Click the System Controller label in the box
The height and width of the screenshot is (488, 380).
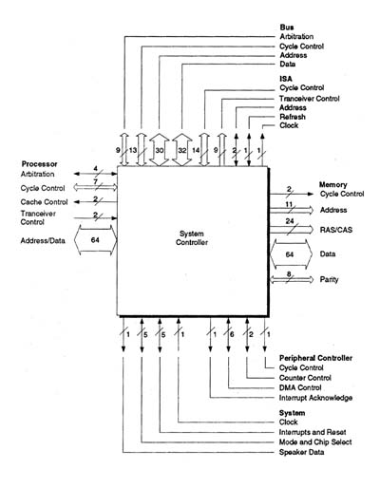tap(192, 238)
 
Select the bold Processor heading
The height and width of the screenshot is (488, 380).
tap(39, 164)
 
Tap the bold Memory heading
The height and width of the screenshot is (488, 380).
tap(332, 184)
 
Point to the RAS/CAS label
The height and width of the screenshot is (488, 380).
tap(336, 230)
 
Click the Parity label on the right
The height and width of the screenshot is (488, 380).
tap(329, 279)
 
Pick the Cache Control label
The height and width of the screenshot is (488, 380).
tap(44, 202)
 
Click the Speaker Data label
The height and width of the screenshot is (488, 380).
tap(301, 452)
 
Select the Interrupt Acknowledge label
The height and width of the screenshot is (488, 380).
tap(315, 398)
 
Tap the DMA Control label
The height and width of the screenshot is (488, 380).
tap(300, 387)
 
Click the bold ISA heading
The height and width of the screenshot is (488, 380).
tap(286, 79)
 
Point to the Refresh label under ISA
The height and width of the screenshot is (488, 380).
tap(293, 117)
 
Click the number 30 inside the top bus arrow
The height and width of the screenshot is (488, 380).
tap(160, 150)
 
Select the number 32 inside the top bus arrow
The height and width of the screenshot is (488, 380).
tap(182, 150)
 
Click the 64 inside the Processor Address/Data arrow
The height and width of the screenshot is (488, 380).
tap(95, 240)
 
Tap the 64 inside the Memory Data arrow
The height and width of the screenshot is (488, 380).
tap(290, 254)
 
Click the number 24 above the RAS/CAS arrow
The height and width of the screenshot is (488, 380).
tap(290, 221)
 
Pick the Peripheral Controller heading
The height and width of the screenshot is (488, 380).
tap(315, 358)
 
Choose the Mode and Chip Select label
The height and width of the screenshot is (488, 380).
tap(315, 442)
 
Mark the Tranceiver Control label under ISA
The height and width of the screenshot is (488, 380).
tap(310, 99)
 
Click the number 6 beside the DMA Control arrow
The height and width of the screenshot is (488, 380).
tap(232, 334)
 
